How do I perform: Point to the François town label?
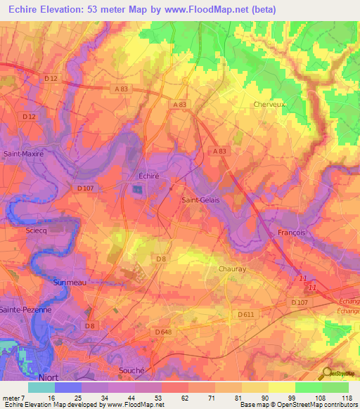pyautogui.click(x=291, y=232)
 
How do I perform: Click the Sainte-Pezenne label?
pyautogui.click(x=26, y=309)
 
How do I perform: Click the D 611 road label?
pyautogui.click(x=245, y=314)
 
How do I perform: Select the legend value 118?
pyautogui.click(x=347, y=398)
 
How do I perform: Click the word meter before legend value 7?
pyautogui.click(x=11, y=398)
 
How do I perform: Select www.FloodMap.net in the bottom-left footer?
pyautogui.click(x=133, y=405)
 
